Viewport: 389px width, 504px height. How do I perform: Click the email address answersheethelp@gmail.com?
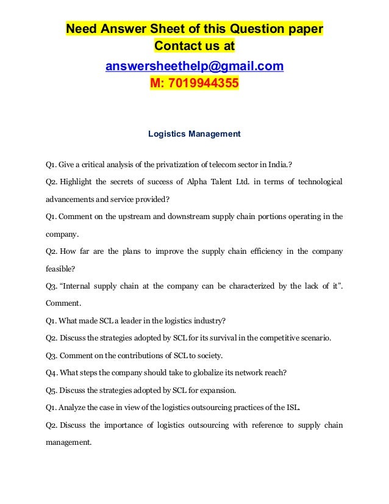(194, 65)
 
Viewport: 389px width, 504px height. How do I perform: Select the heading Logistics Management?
(194, 133)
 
